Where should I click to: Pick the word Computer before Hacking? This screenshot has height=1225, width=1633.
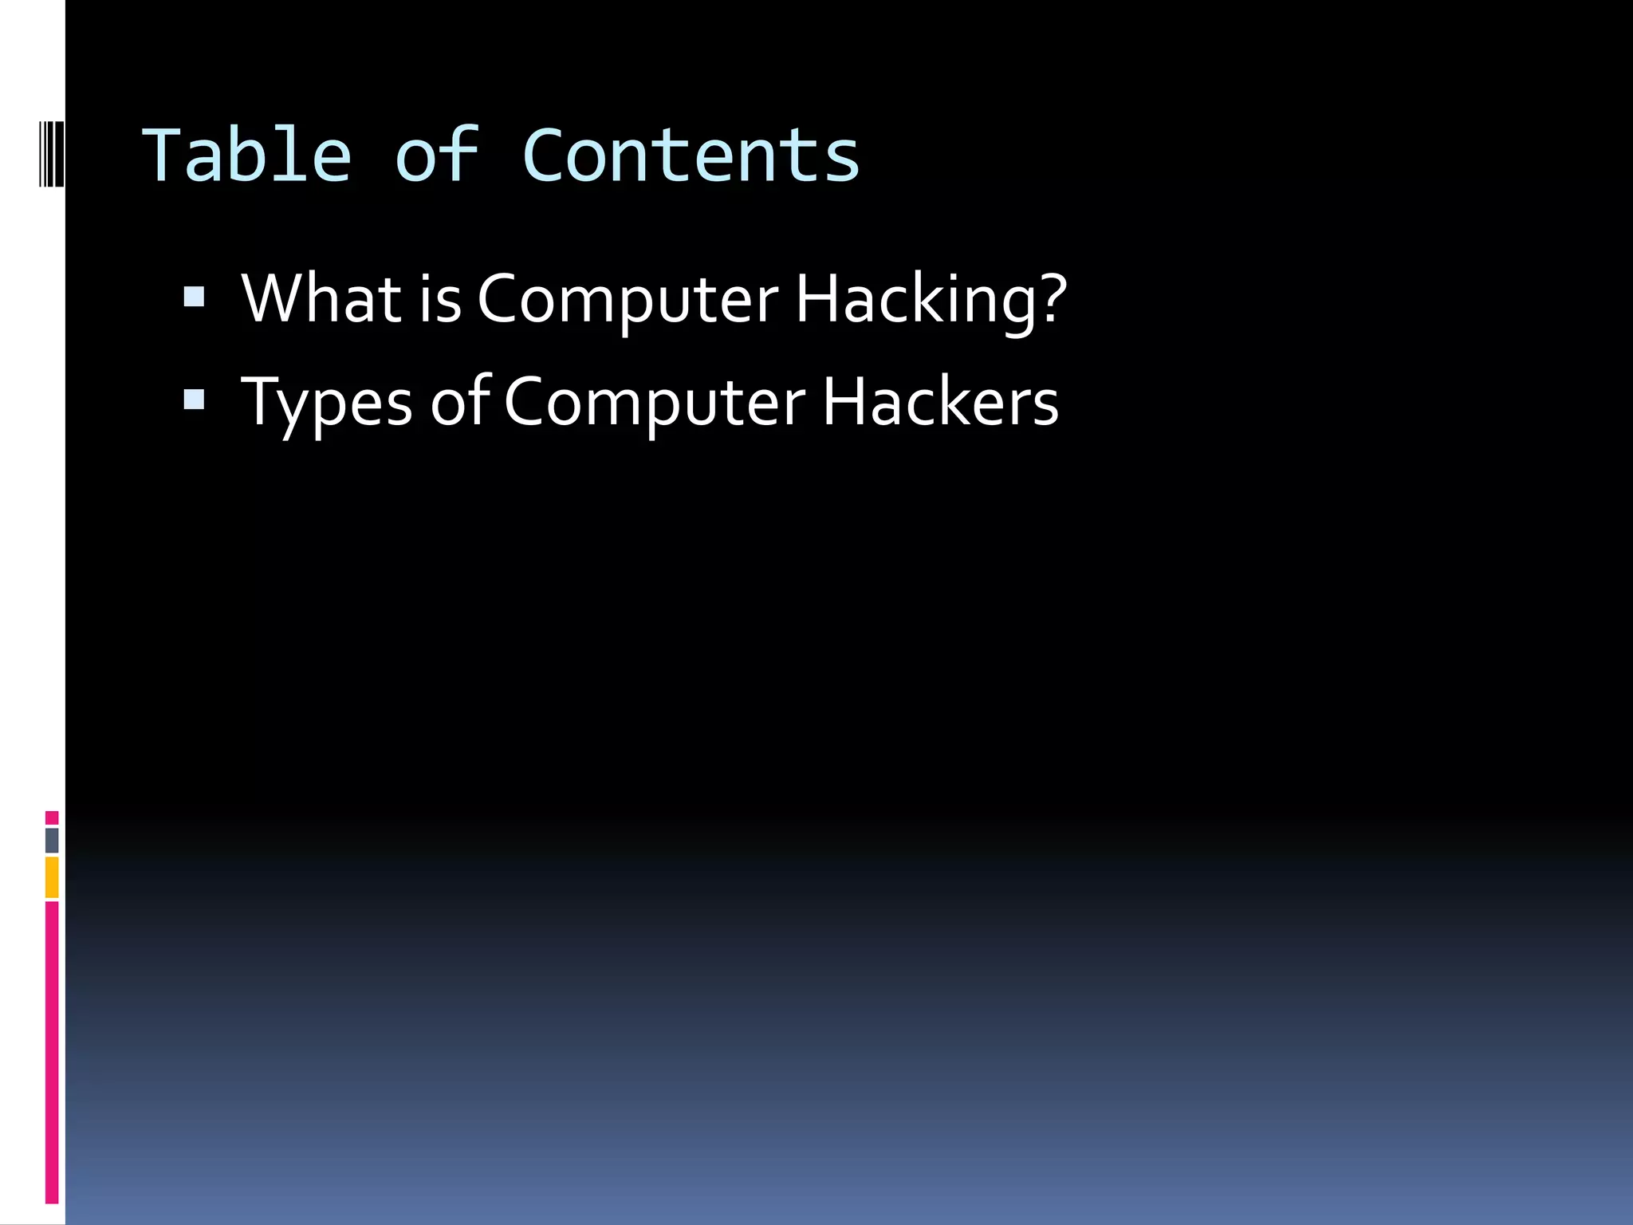(x=628, y=300)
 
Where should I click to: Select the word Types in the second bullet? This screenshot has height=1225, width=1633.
(x=327, y=404)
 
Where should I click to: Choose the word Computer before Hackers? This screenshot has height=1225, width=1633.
(x=655, y=404)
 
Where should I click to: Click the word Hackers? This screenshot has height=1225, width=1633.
(x=940, y=402)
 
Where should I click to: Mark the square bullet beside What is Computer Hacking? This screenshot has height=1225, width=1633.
(x=194, y=297)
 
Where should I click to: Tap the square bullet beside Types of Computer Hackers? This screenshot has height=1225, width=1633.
(x=194, y=399)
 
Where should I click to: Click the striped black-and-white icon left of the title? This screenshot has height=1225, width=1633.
(x=51, y=154)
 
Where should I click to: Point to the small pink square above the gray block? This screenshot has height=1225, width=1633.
(x=52, y=817)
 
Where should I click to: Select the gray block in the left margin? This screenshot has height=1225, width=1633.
(x=52, y=840)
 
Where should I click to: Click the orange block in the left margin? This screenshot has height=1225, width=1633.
(x=52, y=876)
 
